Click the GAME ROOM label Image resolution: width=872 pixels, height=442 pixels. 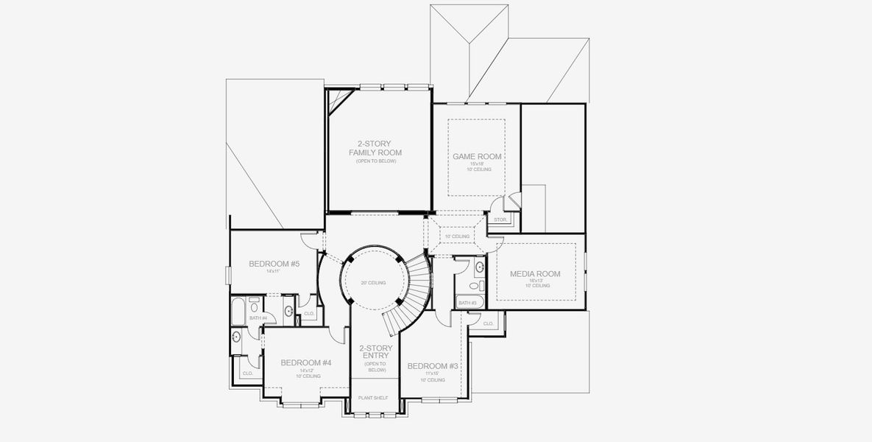477,156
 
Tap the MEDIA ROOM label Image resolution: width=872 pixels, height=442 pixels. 535,274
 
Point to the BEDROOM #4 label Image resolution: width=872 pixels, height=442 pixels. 306,362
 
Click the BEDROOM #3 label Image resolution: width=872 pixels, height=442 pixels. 433,366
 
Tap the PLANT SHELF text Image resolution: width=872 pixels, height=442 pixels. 373,398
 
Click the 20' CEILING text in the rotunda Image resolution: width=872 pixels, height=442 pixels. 373,283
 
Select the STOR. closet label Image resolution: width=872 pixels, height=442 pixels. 500,220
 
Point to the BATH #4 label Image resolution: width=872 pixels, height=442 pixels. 258,318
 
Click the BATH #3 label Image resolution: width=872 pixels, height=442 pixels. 467,303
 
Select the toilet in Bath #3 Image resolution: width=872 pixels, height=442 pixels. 475,285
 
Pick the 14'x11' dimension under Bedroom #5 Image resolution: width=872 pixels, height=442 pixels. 274,271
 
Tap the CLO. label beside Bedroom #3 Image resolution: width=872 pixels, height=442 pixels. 489,323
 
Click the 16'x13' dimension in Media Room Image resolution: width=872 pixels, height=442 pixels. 535,281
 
